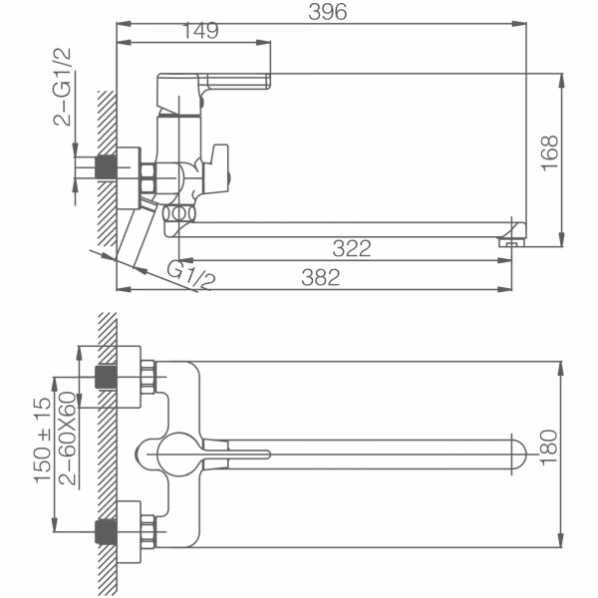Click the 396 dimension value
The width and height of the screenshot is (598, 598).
tap(328, 12)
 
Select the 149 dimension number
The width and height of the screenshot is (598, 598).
tap(200, 31)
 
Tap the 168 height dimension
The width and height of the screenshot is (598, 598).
tap(549, 152)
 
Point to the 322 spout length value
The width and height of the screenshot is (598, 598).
tap(352, 248)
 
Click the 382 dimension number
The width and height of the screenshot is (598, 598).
tap(320, 278)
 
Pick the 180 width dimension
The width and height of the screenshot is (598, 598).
tap(549, 448)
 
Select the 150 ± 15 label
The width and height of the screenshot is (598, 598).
tap(42, 441)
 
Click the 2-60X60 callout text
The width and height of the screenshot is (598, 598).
tap(68, 439)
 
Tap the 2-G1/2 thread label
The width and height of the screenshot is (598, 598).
tap(62, 87)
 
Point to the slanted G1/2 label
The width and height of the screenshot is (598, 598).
tap(191, 275)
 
